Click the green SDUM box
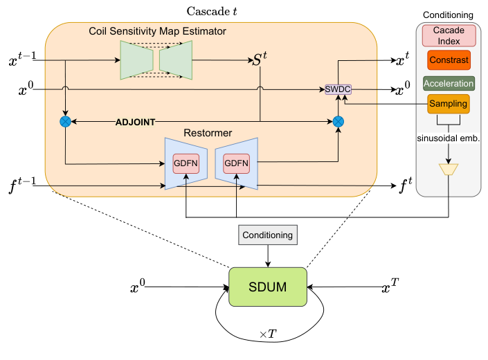pyautogui.click(x=267, y=287)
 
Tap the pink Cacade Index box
pyautogui.click(x=448, y=36)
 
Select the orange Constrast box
pyautogui.click(x=448, y=60)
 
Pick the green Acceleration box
pyautogui.click(x=448, y=83)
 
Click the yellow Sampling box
pyautogui.click(x=448, y=105)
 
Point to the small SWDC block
pyautogui.click(x=338, y=90)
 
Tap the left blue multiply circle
pyautogui.click(x=66, y=122)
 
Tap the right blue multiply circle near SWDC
pyautogui.click(x=338, y=122)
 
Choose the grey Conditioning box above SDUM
pyautogui.click(x=267, y=235)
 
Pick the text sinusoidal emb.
pyautogui.click(x=449, y=137)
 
